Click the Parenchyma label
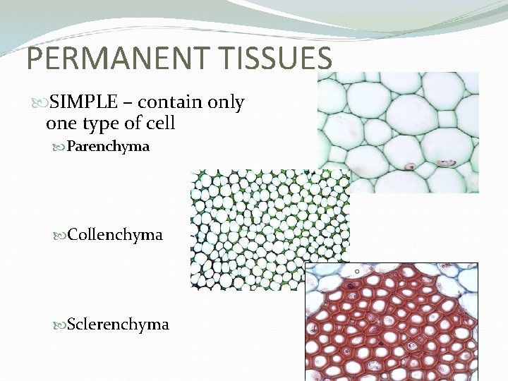click(108, 147)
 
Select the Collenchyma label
click(115, 234)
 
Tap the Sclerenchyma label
click(118, 325)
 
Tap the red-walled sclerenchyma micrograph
click(392, 325)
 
